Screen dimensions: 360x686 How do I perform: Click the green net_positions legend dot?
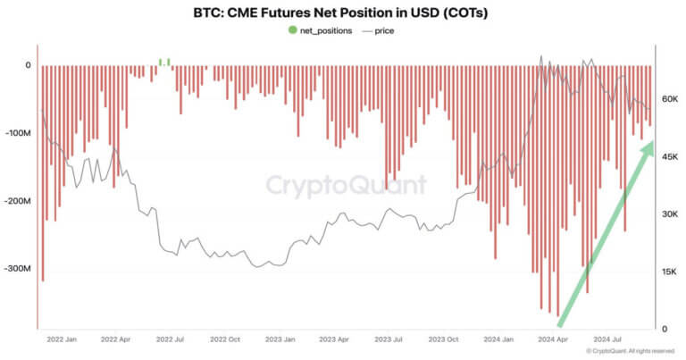coord(292,30)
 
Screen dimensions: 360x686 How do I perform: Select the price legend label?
coord(383,30)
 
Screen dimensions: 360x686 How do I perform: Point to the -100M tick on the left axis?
coord(17,133)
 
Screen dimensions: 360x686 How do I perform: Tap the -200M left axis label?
coord(17,201)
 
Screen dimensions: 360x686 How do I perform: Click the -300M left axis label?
coord(17,269)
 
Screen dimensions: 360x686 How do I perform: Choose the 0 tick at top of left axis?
coord(28,65)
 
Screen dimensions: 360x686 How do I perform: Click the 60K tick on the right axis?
coord(670,99)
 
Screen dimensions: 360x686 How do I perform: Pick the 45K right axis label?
coord(670,157)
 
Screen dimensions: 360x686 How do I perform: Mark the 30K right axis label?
coord(670,214)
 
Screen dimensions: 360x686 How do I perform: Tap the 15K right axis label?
coord(670,272)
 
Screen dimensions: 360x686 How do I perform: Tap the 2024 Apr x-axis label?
coord(555,339)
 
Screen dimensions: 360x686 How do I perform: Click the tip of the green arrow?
coord(651,144)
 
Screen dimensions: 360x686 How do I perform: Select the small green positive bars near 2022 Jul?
coord(164,62)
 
